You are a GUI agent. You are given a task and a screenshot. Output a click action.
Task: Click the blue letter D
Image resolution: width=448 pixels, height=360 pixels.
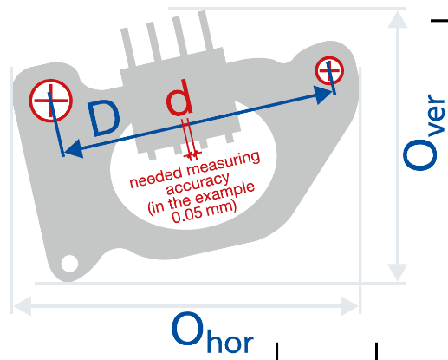click(x=104, y=118)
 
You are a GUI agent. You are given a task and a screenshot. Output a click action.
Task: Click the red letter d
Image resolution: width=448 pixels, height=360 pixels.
click(x=179, y=97)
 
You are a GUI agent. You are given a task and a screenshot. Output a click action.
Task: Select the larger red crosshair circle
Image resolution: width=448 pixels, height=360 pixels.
click(x=51, y=101)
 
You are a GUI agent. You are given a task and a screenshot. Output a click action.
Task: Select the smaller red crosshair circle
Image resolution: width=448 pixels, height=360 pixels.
click(x=329, y=70)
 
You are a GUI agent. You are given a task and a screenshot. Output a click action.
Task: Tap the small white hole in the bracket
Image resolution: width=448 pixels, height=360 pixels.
click(x=69, y=264)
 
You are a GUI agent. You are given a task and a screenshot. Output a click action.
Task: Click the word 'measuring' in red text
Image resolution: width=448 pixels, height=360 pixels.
click(x=224, y=164)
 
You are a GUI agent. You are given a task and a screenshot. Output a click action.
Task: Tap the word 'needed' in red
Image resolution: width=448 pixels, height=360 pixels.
click(x=156, y=177)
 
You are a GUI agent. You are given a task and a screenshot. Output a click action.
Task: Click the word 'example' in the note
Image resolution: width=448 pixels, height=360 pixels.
click(x=224, y=193)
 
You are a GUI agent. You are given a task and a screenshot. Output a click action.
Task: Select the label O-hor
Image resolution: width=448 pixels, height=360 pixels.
click(x=212, y=332)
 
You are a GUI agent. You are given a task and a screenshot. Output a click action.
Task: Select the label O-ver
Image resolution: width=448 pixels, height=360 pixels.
click(x=424, y=132)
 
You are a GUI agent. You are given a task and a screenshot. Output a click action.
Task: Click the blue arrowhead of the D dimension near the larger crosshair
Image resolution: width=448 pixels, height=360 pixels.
click(x=74, y=148)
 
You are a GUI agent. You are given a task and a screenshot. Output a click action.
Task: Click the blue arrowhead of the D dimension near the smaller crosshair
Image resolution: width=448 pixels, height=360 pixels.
click(x=323, y=94)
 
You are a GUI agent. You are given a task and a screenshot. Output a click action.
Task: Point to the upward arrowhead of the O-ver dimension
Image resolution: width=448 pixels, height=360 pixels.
click(x=398, y=20)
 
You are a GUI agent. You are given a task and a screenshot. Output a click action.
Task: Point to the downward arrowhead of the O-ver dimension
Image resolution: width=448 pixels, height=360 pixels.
click(x=398, y=272)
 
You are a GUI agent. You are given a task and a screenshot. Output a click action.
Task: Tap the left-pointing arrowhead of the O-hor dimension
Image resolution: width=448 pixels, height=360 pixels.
click(x=23, y=305)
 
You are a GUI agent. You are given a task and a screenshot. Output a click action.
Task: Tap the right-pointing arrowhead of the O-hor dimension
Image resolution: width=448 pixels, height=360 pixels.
click(x=349, y=305)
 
